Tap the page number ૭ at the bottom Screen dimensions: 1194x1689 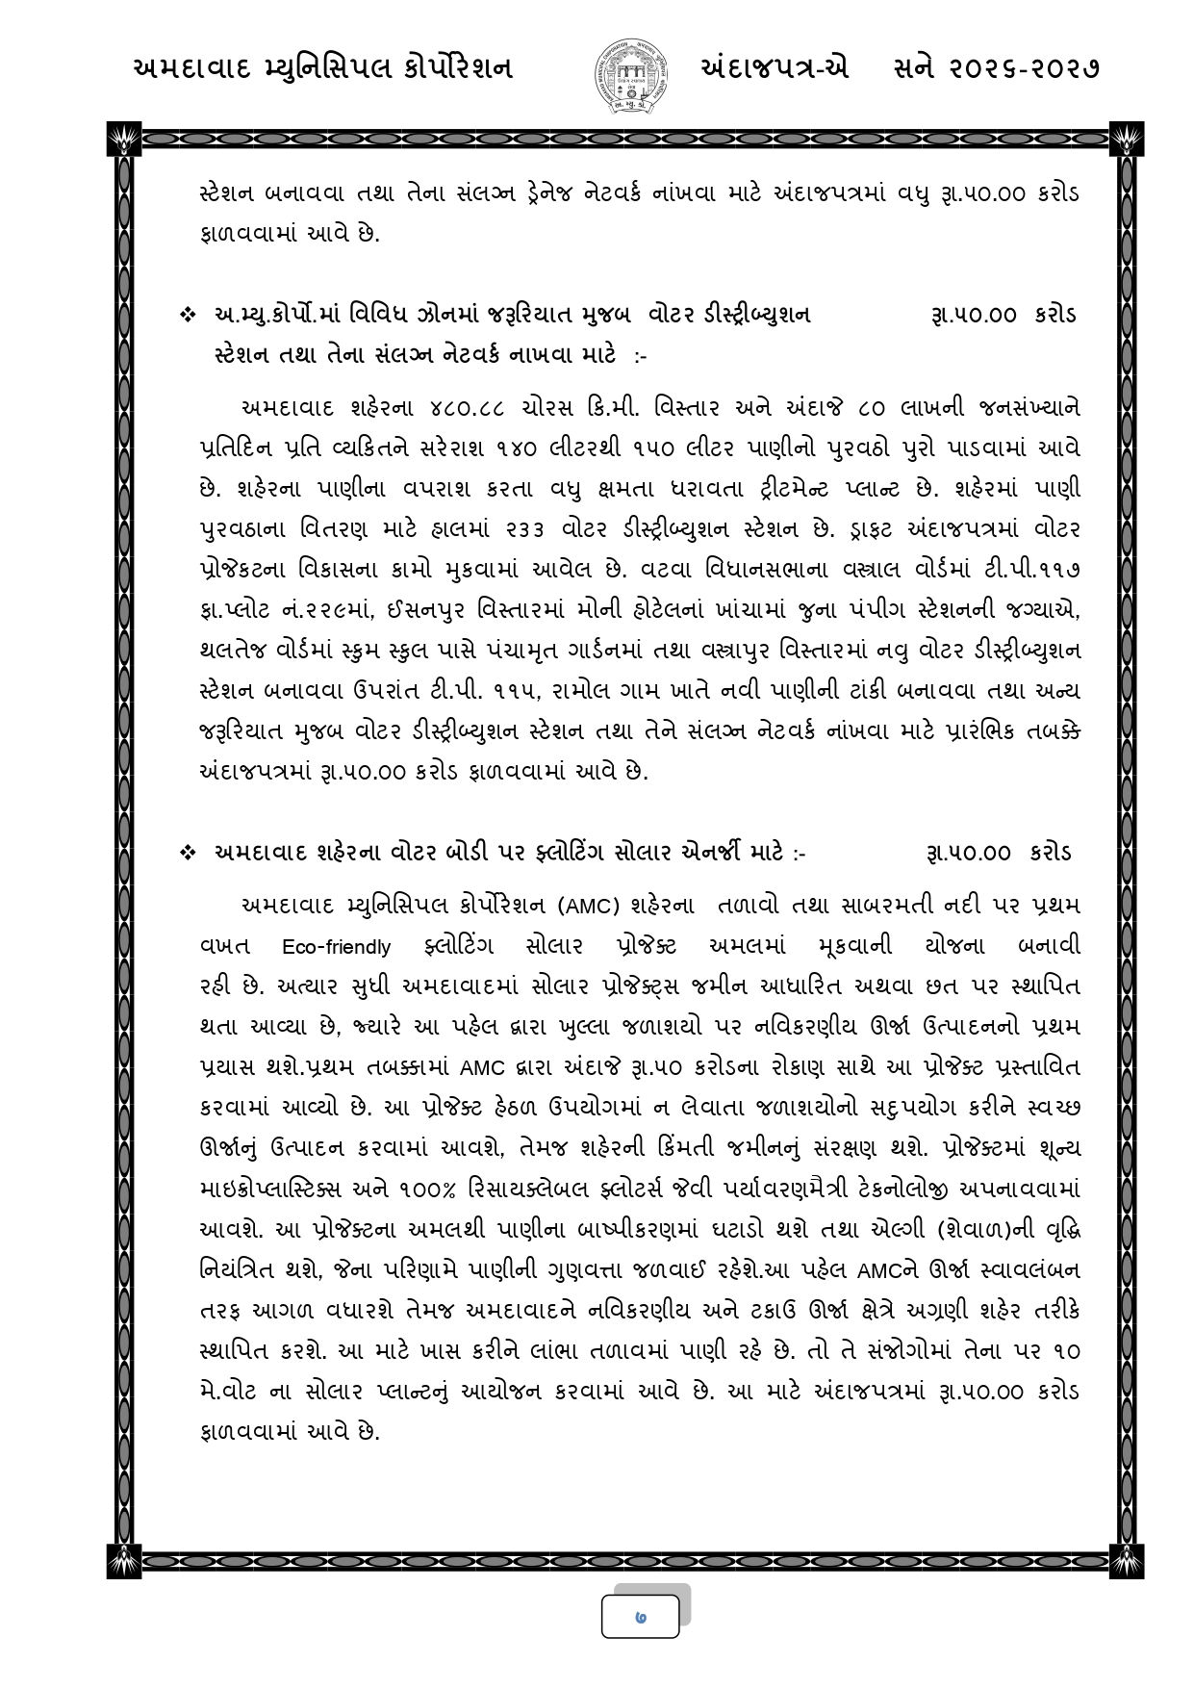point(641,1618)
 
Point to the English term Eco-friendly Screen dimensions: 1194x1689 point(337,947)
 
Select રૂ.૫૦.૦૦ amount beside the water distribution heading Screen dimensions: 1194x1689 point(974,316)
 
